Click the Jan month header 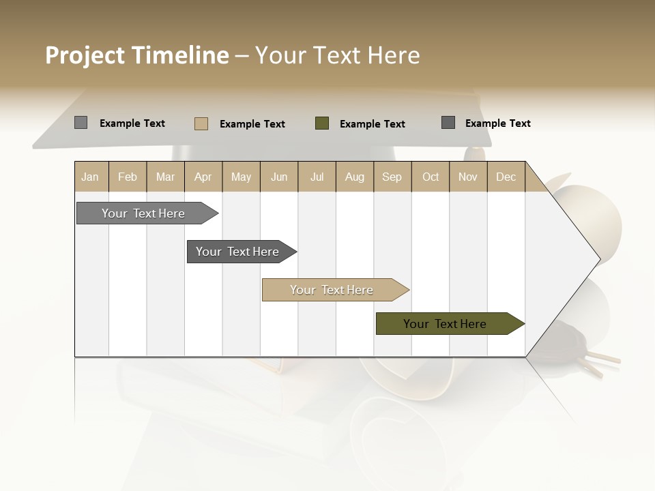point(91,177)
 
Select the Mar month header point(165,177)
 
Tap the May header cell point(241,177)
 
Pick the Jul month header point(317,177)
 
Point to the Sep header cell point(392,177)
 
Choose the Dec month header point(506,177)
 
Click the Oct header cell point(431,177)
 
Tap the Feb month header point(128,177)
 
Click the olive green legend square point(322,123)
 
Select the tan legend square point(201,123)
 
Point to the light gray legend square point(81,123)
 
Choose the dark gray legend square point(448,123)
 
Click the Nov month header point(468,177)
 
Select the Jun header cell point(279,177)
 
